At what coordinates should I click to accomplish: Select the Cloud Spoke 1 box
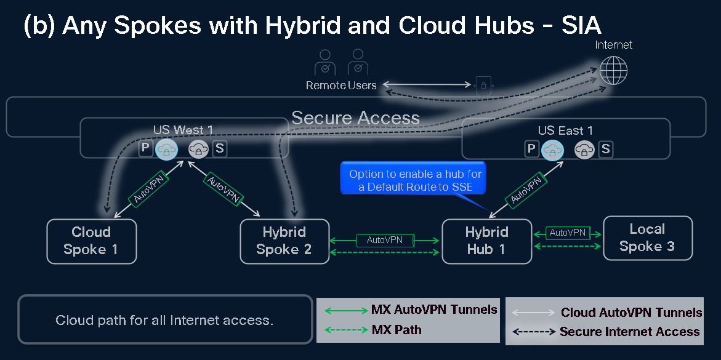[x=91, y=241]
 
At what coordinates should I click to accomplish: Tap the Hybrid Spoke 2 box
[x=284, y=241]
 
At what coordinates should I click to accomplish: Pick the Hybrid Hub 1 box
[x=486, y=241]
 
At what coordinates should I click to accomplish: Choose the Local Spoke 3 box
[x=647, y=238]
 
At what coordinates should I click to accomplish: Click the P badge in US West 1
[x=145, y=148]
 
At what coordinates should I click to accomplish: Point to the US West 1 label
[x=183, y=130]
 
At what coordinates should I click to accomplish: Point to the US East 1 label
[x=565, y=130]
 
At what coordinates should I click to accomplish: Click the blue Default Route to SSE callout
[x=416, y=180]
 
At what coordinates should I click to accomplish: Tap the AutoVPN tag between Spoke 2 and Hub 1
[x=385, y=239]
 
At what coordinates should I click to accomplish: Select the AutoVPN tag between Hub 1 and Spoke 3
[x=567, y=233]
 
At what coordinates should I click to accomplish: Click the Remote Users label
[x=341, y=86]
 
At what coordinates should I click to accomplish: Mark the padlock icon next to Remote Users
[x=483, y=85]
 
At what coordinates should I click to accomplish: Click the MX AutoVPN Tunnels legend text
[x=434, y=310]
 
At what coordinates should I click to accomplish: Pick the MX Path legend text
[x=397, y=330]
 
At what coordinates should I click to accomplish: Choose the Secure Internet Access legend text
[x=629, y=332]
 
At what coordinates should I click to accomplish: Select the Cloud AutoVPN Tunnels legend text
[x=631, y=313]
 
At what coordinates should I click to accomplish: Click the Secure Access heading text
[x=355, y=118]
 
